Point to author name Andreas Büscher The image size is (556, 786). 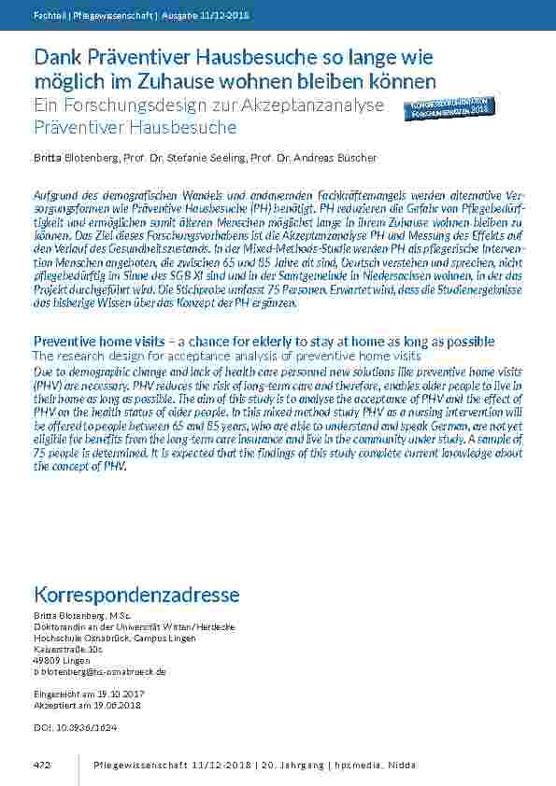click(339, 158)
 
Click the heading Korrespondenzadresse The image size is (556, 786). click(136, 595)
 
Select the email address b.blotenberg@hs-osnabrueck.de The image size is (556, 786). click(99, 671)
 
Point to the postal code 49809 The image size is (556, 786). click(47, 660)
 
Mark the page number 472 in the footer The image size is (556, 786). click(41, 765)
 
